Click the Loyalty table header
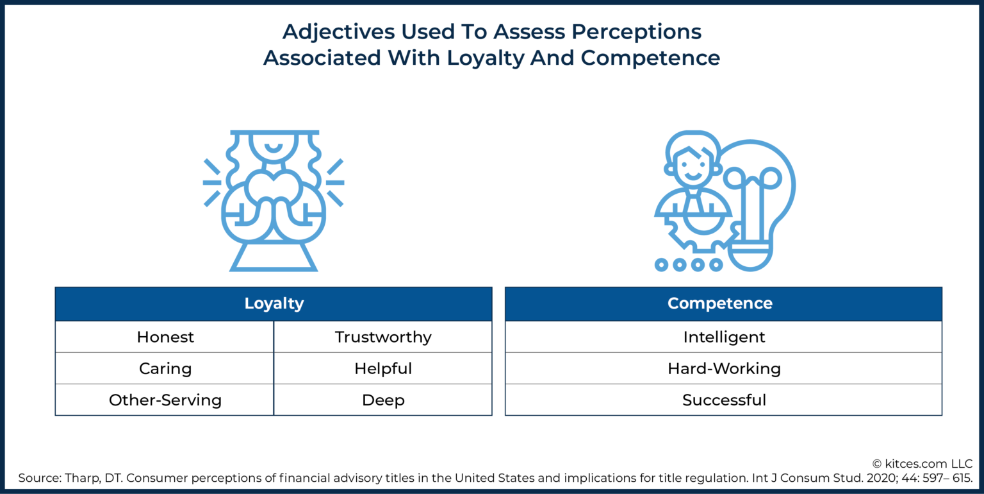[x=274, y=303]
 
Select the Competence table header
[x=723, y=303]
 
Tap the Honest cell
[x=165, y=337]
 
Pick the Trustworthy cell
[x=383, y=337]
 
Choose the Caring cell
[x=165, y=369]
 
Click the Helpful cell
[x=383, y=369]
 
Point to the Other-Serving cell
[x=165, y=400]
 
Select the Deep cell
[x=383, y=400]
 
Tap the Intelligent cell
[x=724, y=337]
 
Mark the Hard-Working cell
[x=724, y=369]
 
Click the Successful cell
[x=724, y=400]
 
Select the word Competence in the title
[x=650, y=58]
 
